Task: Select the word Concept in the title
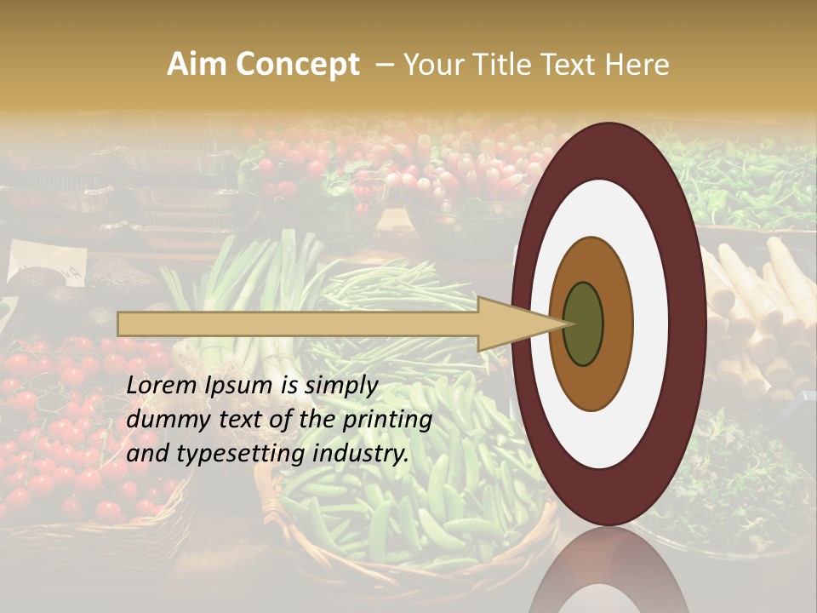297,65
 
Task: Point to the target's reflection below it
608,570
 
